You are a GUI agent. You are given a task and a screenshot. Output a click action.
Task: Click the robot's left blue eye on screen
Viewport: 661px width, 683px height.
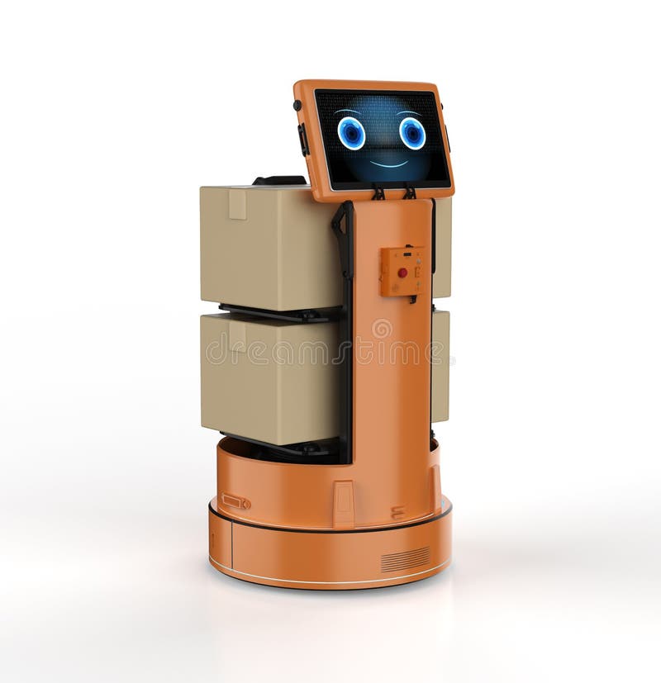(x=351, y=133)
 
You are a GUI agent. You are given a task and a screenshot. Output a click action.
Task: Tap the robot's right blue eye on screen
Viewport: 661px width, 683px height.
(x=412, y=133)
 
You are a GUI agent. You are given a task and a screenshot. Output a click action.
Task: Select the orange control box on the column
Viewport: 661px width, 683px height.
(x=402, y=271)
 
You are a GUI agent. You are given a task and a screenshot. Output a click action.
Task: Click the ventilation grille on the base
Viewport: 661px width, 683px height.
(x=405, y=559)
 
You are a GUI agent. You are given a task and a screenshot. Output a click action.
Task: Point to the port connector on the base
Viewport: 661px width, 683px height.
(x=235, y=501)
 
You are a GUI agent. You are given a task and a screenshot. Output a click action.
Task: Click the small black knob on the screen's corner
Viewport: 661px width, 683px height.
(x=297, y=106)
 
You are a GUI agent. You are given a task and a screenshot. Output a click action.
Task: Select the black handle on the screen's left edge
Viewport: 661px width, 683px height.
(x=303, y=140)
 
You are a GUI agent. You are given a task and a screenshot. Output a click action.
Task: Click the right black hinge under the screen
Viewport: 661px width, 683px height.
(x=409, y=192)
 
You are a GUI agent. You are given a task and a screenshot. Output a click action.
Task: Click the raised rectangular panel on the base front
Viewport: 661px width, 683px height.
(x=344, y=503)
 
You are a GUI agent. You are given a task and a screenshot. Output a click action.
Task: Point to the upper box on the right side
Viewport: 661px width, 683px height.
(x=442, y=248)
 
